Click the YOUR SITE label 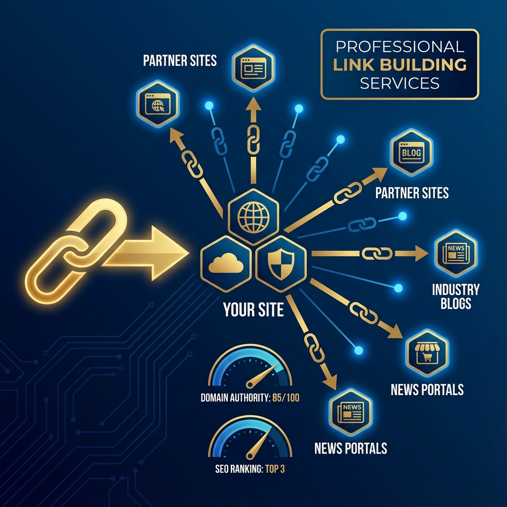pyautogui.click(x=253, y=310)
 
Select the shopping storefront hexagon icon pyautogui.click(x=426, y=352)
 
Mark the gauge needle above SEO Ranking pyautogui.click(x=255, y=445)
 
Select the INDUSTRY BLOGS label pyautogui.click(x=456, y=296)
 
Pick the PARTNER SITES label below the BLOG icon pyautogui.click(x=412, y=193)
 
